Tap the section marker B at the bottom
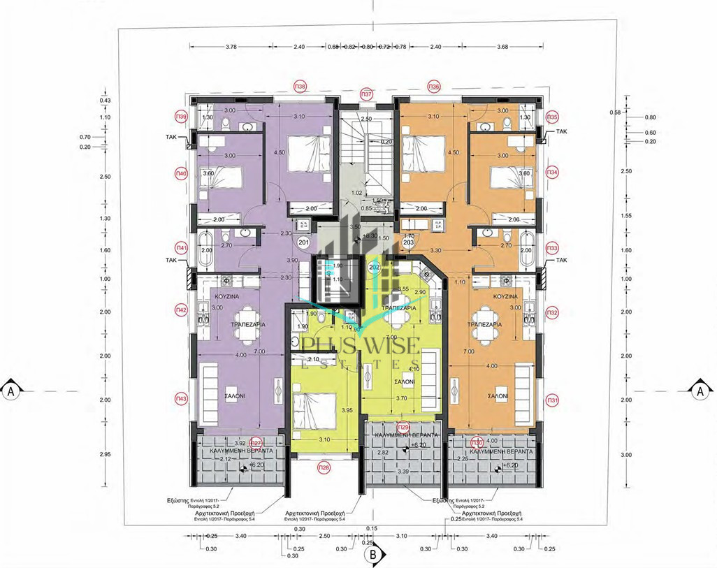(x=374, y=555)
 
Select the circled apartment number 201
(x=303, y=242)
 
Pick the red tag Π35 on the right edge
(x=552, y=116)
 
